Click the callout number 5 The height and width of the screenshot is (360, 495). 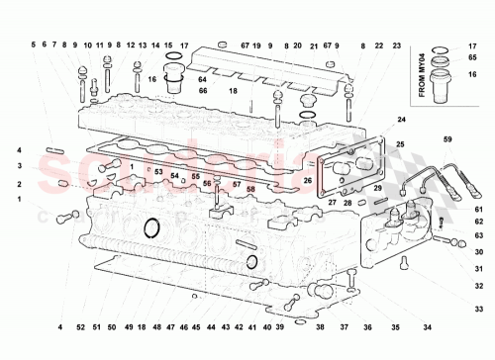32,45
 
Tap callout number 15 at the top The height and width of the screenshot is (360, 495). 168,45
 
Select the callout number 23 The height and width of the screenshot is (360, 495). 396,45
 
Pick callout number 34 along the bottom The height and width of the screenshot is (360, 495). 427,326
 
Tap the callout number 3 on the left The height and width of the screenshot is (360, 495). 18,165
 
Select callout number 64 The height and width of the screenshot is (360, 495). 202,79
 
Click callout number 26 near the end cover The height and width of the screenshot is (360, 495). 308,180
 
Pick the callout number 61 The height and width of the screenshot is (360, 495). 477,209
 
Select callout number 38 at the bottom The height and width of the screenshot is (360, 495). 319,326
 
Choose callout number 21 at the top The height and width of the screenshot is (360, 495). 313,45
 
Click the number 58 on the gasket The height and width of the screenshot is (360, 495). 250,188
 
